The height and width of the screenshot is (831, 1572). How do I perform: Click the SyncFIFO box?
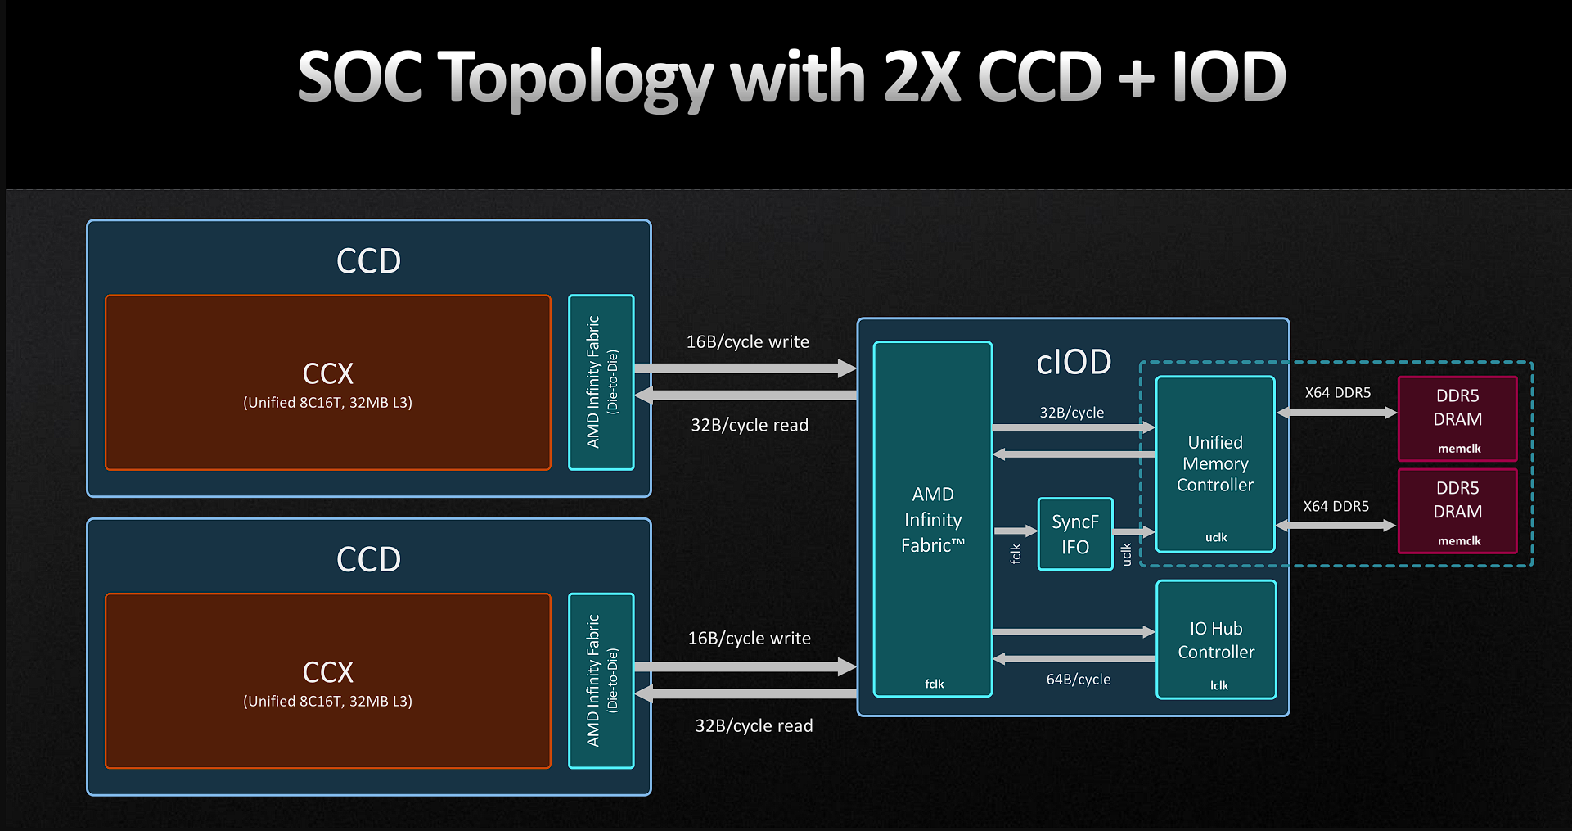(1075, 534)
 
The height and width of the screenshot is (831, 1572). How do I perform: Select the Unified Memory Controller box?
(1215, 464)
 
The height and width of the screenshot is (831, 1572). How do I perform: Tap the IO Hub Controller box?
(1216, 639)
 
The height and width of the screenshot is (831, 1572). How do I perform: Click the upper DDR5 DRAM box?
(1457, 418)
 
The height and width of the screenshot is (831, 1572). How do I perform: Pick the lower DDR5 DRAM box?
(1457, 511)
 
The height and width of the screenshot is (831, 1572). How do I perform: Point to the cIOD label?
(1074, 362)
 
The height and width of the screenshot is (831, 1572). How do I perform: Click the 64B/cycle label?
(1079, 680)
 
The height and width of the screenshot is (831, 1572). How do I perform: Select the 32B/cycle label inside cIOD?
(1072, 413)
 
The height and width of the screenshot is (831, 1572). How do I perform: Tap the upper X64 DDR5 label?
(1338, 393)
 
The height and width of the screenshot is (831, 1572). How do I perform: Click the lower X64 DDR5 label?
(1336, 507)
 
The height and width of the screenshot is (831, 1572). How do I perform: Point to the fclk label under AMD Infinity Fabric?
(935, 684)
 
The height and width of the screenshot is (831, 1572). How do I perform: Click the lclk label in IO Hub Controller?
(1219, 685)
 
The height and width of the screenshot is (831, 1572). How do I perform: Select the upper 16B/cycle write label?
(748, 342)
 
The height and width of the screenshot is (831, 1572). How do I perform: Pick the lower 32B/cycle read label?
(754, 726)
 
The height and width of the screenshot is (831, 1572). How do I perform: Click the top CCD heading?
(369, 261)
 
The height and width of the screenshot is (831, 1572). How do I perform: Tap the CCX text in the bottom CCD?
(328, 672)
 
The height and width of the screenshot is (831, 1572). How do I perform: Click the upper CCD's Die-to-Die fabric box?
(601, 382)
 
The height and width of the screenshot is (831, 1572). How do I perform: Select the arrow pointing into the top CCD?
(745, 395)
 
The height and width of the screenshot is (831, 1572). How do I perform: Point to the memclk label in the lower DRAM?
(1459, 541)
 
